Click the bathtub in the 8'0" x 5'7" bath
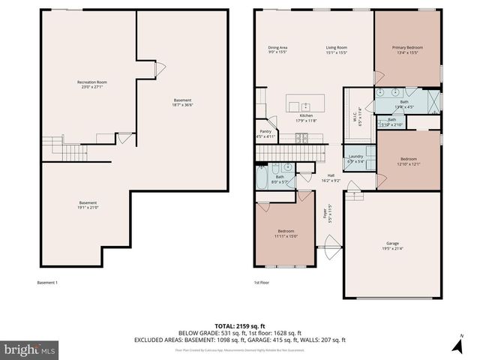[260, 178]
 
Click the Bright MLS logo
[30, 349]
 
